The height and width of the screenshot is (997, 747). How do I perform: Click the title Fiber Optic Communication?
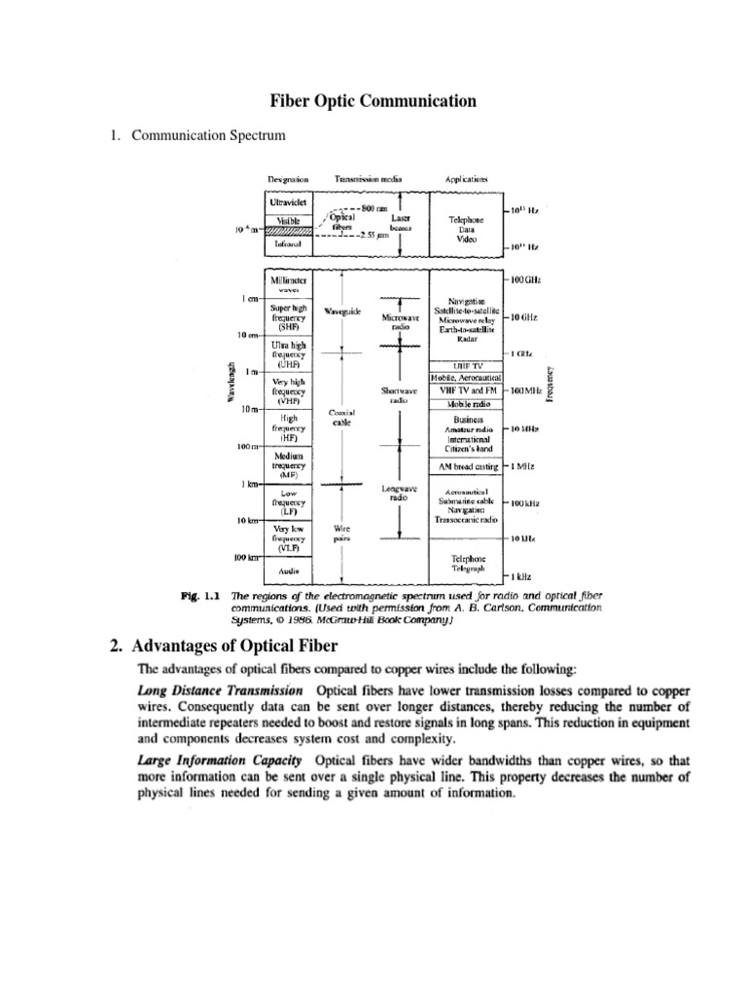coord(373,100)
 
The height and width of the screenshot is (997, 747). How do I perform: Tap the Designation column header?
coord(288,180)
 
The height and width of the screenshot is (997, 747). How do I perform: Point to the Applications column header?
coord(466,180)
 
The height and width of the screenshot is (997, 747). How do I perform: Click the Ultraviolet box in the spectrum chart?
coord(288,203)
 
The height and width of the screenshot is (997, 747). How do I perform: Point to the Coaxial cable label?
coord(341,418)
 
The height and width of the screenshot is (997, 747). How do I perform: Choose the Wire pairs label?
coord(341,534)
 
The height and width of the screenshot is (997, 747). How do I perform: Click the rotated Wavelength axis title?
coord(231,383)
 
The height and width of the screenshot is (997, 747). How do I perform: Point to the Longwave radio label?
coord(398,492)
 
